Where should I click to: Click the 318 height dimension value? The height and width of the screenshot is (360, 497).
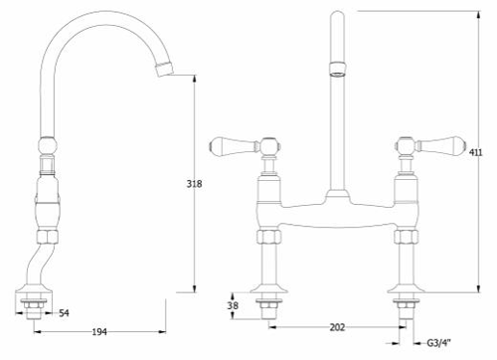coord(194,184)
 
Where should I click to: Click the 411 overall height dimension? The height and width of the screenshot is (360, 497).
coord(476,152)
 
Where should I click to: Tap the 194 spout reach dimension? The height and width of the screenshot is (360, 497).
coord(99,331)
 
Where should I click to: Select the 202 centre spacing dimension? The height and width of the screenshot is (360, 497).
coord(337,327)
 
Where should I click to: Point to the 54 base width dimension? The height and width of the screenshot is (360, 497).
coord(64,313)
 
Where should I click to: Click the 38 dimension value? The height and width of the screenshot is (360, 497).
coord(233,305)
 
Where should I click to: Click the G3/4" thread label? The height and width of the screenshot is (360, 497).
coord(439,343)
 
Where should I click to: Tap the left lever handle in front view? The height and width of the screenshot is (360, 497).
coord(234,145)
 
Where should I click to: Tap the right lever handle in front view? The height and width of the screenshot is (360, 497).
coord(441,145)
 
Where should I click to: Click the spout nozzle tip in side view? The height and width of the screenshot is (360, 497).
coord(164,70)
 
